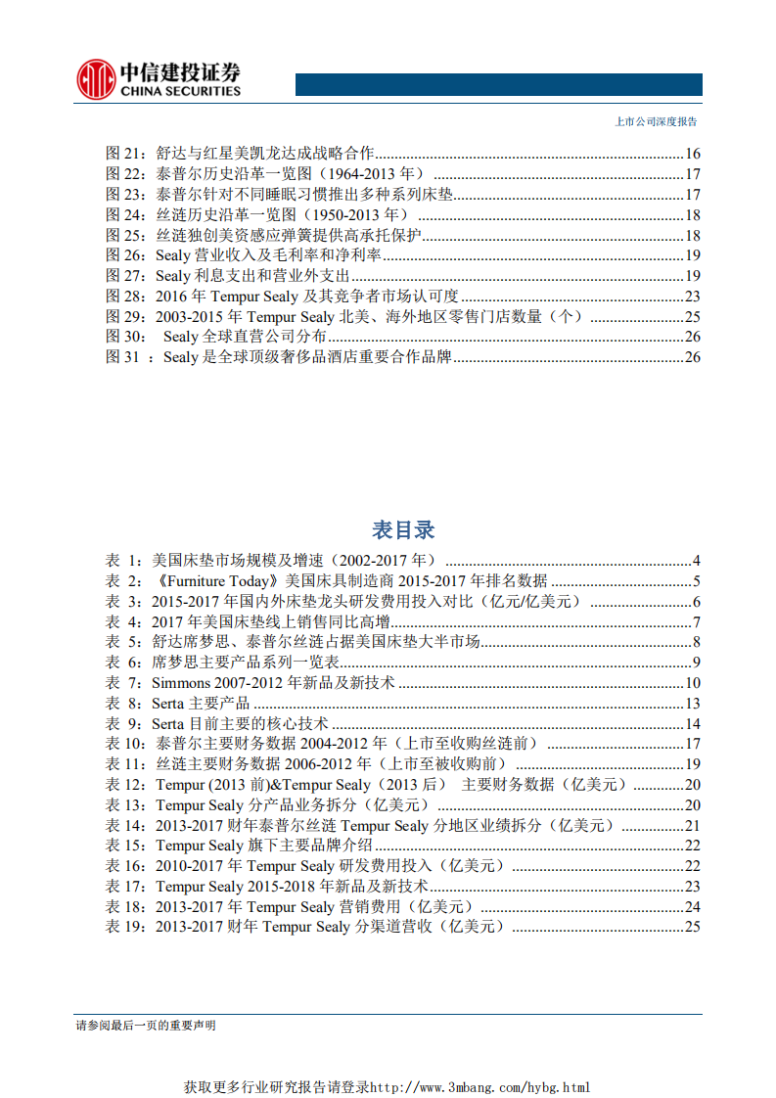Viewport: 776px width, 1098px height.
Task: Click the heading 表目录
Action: pos(402,530)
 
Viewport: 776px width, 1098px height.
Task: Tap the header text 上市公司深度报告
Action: pos(655,122)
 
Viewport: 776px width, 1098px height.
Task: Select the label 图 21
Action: pos(123,154)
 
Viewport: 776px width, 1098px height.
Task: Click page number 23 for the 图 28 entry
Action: pos(692,297)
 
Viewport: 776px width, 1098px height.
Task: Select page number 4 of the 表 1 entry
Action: pos(696,561)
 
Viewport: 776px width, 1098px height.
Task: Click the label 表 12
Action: pos(124,785)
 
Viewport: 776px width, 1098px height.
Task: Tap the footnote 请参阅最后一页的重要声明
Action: pos(146,1026)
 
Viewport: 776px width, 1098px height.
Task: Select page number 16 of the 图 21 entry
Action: pos(692,154)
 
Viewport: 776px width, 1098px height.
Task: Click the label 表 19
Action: pos(124,927)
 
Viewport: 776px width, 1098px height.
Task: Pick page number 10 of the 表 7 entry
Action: pos(692,683)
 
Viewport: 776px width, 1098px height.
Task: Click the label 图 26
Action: pos(123,255)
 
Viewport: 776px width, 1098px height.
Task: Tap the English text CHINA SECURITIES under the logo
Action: pos(180,91)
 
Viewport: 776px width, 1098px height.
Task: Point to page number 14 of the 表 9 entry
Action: pos(692,724)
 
